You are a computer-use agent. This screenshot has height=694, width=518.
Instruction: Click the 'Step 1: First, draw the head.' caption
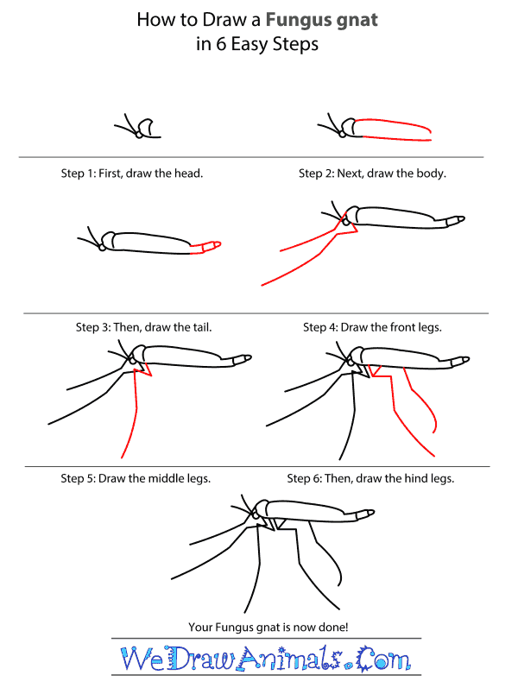131,173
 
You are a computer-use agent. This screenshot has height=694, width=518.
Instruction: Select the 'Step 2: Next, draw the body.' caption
372,173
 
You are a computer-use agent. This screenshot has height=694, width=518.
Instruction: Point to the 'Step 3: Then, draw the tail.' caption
143,327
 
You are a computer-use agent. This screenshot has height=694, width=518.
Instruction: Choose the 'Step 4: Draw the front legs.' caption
372,327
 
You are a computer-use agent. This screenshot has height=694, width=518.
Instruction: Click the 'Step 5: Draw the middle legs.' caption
136,477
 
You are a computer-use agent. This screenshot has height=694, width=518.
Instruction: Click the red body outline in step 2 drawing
393,127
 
